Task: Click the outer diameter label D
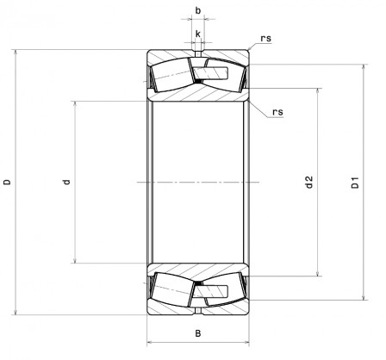(8, 182)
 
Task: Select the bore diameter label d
(66, 182)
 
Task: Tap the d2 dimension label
(308, 182)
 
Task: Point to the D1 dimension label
(354, 183)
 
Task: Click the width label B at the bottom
(197, 333)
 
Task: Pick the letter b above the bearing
(199, 10)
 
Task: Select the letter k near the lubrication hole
(199, 34)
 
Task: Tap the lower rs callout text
(277, 112)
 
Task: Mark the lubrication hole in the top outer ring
(198, 55)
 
